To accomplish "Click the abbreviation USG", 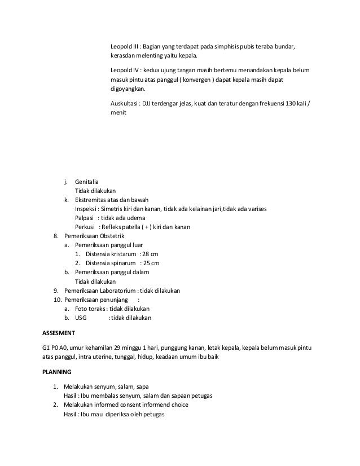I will click(81, 318).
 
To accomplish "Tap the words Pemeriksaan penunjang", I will click(94, 300).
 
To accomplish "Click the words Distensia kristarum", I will click(111, 254).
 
